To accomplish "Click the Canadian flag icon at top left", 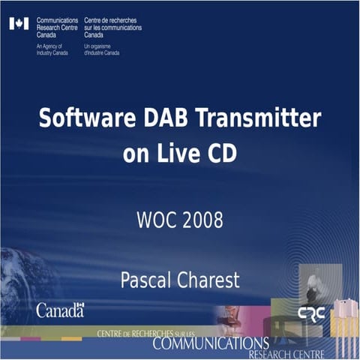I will (19, 24).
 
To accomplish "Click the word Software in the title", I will (79, 119).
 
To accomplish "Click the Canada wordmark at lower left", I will (60, 310).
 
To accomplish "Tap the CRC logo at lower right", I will (311, 313).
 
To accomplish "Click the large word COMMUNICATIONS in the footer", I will (209, 343).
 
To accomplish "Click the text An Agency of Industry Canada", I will (51, 49).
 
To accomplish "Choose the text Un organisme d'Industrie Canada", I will (101, 49).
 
